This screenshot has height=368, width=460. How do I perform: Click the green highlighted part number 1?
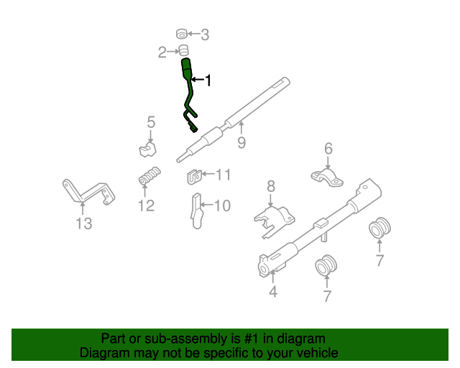(188, 93)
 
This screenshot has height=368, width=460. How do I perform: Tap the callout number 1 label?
(208, 80)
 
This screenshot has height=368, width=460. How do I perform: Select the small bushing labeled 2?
(183, 50)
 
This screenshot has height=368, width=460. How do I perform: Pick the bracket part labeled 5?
(148, 149)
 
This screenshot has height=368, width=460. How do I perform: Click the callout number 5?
(151, 122)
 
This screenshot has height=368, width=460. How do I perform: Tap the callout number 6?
(328, 149)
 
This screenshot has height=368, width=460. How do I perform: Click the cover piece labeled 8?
(274, 216)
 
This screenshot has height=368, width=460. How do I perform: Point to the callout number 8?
(271, 187)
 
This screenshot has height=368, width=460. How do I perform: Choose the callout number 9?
(241, 142)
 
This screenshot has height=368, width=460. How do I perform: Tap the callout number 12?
(146, 206)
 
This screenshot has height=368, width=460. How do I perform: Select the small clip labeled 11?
(192, 175)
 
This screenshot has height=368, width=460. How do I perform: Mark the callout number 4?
(273, 292)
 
